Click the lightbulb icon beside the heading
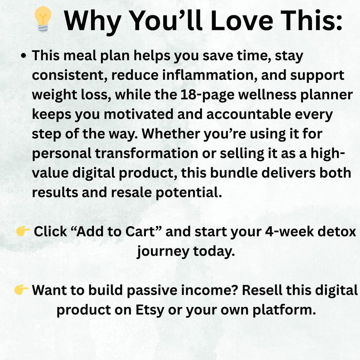click(x=43, y=19)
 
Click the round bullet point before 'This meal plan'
click(x=23, y=56)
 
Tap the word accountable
click(x=248, y=114)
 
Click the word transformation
click(x=146, y=153)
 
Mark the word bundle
click(x=234, y=173)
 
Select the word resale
click(x=131, y=192)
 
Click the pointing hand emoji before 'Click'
click(x=23, y=231)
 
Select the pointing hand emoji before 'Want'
click(x=21, y=290)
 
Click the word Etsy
click(x=150, y=310)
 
